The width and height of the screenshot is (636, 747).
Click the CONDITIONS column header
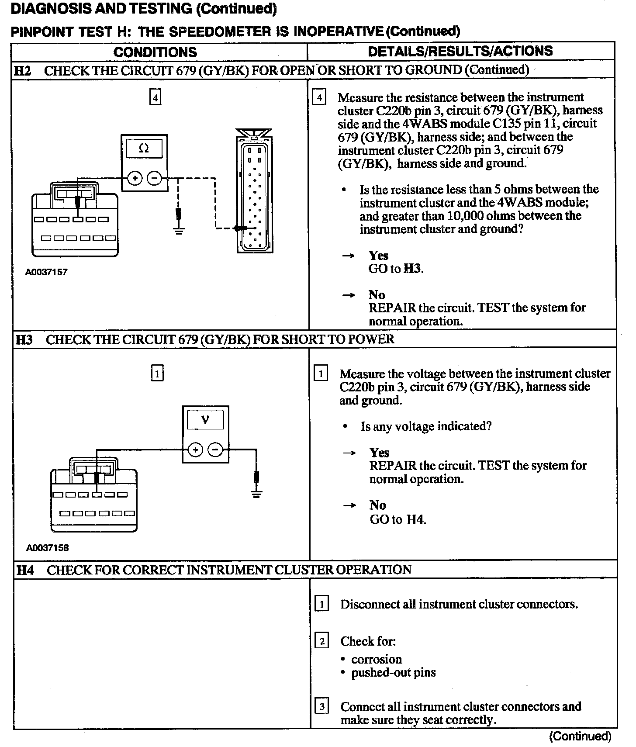pos(155,52)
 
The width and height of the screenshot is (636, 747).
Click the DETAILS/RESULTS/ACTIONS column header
pos(460,51)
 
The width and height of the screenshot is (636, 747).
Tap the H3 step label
pos(24,339)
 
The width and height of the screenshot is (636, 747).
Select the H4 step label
pos(25,570)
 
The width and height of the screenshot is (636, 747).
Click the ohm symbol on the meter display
pos(144,149)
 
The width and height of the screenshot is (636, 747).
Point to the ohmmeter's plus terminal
pos(135,178)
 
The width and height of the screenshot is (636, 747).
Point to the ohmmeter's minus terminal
pos(154,178)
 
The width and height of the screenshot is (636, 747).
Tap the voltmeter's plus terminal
pos(195,450)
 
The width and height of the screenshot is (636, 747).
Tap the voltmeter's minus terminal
pos(215,450)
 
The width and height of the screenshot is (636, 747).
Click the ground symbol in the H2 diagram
pos(178,230)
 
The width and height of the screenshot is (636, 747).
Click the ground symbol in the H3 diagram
pos(256,494)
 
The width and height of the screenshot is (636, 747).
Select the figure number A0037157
pos(46,272)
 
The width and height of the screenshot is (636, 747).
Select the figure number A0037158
pos(47,548)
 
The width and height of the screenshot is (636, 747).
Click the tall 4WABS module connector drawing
pos(253,192)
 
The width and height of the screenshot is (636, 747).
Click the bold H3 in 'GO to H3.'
pos(412,269)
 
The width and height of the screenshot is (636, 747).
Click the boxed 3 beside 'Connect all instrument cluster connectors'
pos(321,706)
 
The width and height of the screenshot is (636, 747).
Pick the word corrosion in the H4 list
pos(377,659)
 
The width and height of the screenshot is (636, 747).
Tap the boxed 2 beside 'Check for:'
pos(321,641)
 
